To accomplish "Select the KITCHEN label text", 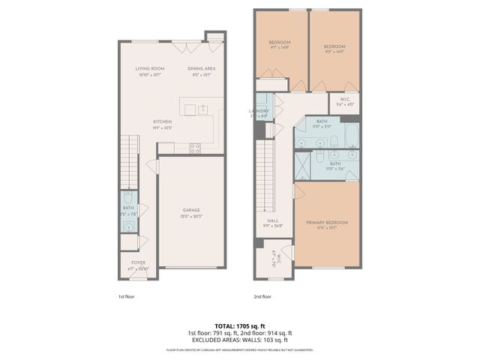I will pyautogui.click(x=163, y=121).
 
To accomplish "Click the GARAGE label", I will pyautogui.click(x=191, y=210).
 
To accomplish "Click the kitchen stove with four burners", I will pyautogui.click(x=195, y=148).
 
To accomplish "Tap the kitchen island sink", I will pyautogui.click(x=190, y=110).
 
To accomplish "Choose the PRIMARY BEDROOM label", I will pyautogui.click(x=327, y=222).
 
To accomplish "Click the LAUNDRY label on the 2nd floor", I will pyautogui.click(x=259, y=111).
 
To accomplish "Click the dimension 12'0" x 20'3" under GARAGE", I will pyautogui.click(x=191, y=217).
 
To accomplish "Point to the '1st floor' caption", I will pyautogui.click(x=126, y=295).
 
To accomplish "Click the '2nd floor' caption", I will pyautogui.click(x=262, y=295).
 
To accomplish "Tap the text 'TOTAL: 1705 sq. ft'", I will pyautogui.click(x=239, y=326).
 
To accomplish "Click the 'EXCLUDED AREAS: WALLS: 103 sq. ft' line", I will pyautogui.click(x=239, y=339).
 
